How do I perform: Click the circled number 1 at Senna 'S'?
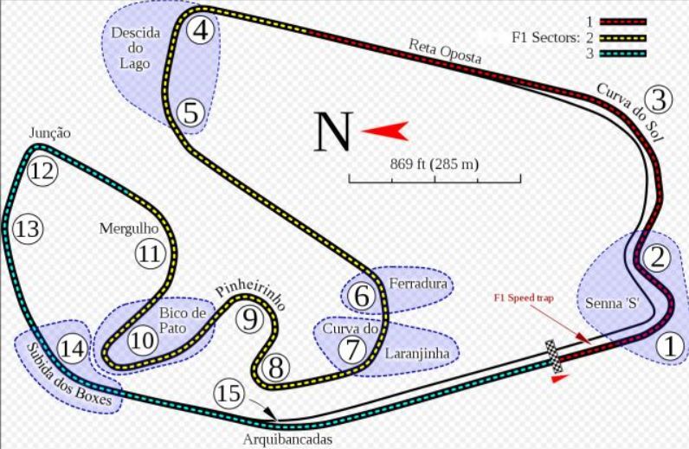click(x=667, y=346)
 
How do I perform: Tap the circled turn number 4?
click(x=201, y=30)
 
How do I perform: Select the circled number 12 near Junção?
click(x=41, y=170)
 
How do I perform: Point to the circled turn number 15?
click(x=229, y=394)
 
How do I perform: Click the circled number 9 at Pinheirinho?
click(x=250, y=320)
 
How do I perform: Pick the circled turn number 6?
click(x=362, y=296)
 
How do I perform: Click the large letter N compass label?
click(x=333, y=132)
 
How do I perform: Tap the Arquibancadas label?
click(x=287, y=439)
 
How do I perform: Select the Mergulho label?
click(x=128, y=228)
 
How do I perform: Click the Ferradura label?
click(x=417, y=283)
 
